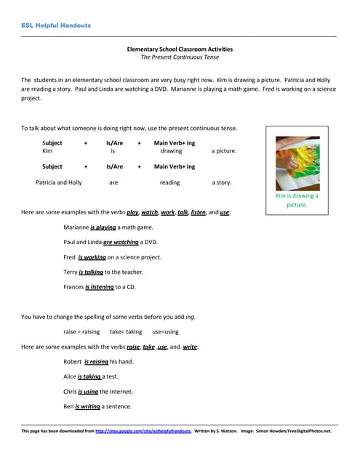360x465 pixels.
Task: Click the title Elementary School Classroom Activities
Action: point(180,49)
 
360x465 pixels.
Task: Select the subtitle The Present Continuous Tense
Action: point(180,57)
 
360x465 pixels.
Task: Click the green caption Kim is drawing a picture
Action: point(297,201)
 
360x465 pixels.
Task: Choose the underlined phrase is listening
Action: point(100,287)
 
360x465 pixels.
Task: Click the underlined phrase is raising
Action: point(96,361)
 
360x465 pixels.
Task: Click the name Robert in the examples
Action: point(73,361)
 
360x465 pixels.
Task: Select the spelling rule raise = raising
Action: point(81,331)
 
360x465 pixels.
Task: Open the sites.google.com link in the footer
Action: point(143,431)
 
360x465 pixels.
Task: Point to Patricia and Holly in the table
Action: point(59,182)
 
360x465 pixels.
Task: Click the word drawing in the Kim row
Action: point(172,151)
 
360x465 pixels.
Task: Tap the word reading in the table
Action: point(169,182)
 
